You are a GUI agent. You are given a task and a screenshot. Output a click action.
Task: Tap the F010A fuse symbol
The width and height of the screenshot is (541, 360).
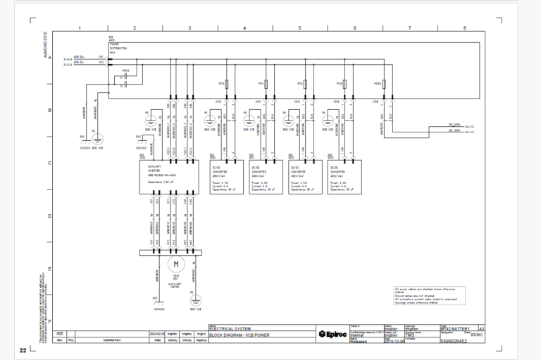click(x=378, y=83)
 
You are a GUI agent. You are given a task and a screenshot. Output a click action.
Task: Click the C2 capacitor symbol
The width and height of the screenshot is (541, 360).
click(x=125, y=84)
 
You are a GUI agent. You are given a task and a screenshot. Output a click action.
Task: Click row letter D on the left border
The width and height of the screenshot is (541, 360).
click(x=49, y=216)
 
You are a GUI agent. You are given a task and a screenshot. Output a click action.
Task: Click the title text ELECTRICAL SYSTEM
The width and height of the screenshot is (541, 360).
click(x=232, y=328)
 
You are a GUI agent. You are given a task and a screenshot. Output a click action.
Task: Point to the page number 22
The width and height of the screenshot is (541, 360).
click(x=23, y=350)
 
